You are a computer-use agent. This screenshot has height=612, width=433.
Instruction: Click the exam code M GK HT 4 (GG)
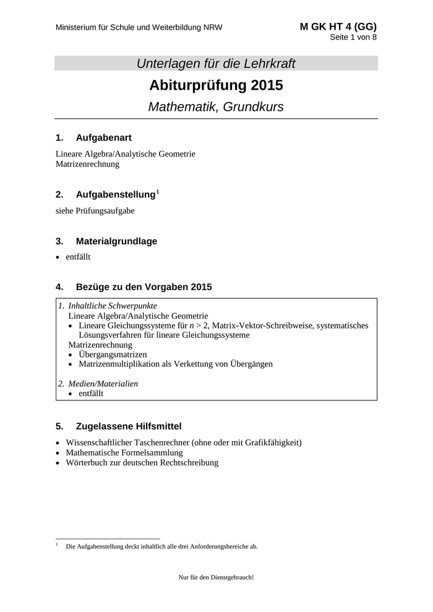[338, 27]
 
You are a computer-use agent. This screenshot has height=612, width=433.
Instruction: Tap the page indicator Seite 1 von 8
[353, 37]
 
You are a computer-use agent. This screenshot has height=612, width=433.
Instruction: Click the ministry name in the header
[139, 28]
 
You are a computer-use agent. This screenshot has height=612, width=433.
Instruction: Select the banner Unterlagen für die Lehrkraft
[216, 63]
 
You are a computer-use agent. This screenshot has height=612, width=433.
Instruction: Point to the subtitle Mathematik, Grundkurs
[216, 106]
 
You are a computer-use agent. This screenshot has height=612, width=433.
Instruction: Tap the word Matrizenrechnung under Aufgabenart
[87, 165]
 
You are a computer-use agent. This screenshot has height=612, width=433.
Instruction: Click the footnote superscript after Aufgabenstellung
[157, 192]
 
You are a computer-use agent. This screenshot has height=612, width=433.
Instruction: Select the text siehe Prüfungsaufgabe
[95, 210]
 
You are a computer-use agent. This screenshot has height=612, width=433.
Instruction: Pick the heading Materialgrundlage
[116, 241]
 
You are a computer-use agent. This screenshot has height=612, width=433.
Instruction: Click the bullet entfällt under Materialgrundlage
[78, 257]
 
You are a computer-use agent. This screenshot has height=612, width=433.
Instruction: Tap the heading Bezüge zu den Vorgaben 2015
[144, 287]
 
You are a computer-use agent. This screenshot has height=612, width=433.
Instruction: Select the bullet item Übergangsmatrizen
[113, 354]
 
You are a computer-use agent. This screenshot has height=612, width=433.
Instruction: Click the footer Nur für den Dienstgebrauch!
[216, 577]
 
